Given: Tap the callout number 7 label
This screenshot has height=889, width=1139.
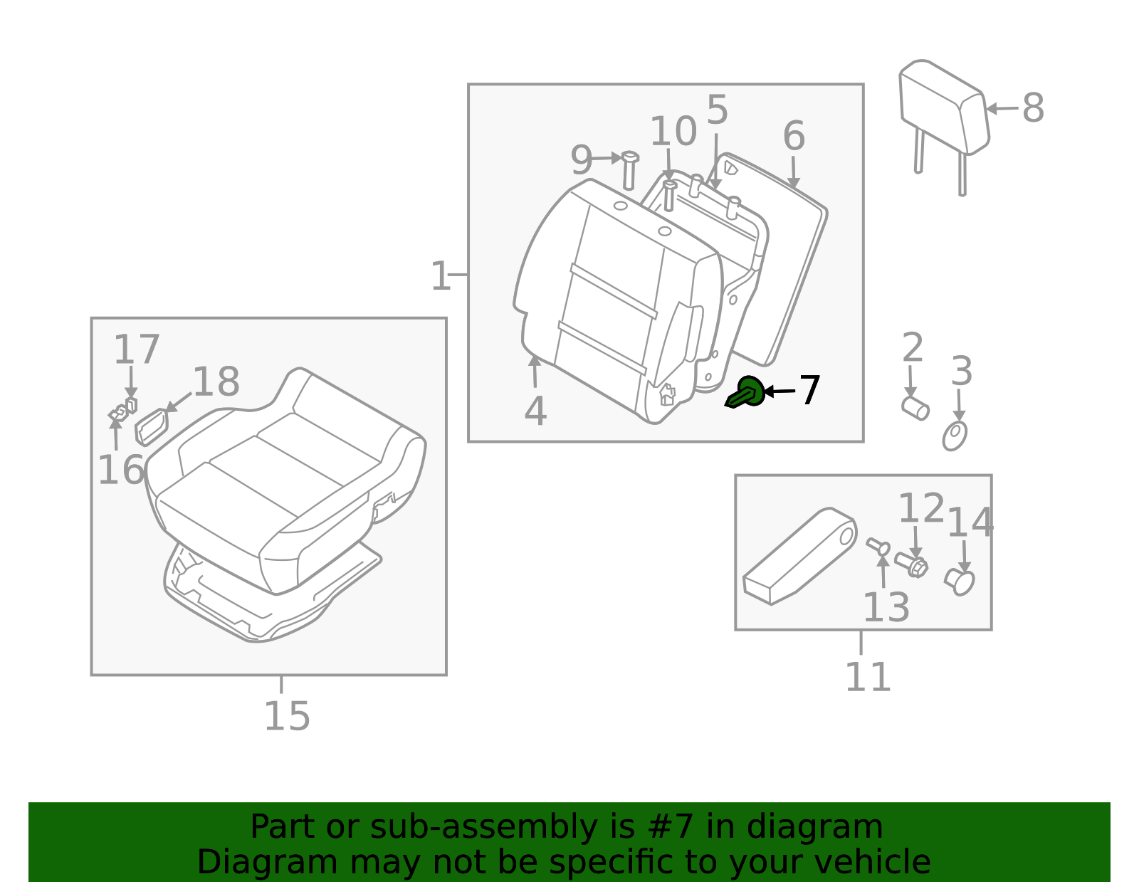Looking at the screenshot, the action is coord(809,391).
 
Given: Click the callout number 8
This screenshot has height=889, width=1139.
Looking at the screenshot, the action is coord(1033,108).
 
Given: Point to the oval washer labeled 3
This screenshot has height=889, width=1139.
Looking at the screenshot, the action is coord(955,436).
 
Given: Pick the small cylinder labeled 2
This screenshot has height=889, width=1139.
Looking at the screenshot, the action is coord(915,408).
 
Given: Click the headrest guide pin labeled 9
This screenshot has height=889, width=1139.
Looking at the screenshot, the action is coord(629,170).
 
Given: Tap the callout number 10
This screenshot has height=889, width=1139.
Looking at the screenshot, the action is coord(673,132).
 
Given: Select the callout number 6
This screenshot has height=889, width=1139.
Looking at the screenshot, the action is coord(794,136).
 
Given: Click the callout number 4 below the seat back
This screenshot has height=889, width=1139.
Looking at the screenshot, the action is coord(536,411).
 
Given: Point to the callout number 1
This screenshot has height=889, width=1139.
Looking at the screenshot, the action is coord(440,276).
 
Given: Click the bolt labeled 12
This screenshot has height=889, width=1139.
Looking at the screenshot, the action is coord(911,565).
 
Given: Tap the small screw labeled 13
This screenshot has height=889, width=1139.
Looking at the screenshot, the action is coord(878,547).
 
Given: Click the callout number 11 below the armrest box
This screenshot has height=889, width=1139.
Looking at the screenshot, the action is coord(868,678).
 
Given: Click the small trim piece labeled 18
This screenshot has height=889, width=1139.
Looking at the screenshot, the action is coord(152,427).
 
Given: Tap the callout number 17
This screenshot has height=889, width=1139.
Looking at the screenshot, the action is coord(136,349).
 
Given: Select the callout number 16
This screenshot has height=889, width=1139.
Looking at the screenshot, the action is coord(121,470).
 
